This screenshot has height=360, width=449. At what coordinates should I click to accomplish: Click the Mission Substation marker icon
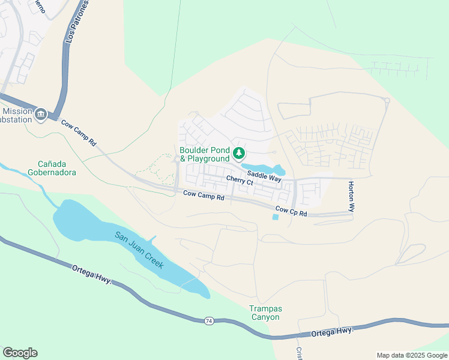point(41,114)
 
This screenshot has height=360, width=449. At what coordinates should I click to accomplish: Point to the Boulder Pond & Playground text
point(205,154)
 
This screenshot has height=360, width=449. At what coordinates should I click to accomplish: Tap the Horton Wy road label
point(351,196)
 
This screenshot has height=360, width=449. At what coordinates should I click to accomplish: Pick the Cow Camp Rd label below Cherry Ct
point(203,195)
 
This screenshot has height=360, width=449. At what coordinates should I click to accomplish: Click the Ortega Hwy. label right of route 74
point(333,331)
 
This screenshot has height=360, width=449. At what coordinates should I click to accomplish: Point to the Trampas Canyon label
point(265,313)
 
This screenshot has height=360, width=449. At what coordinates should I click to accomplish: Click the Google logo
point(20,353)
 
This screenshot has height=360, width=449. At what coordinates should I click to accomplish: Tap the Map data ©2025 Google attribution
point(412,355)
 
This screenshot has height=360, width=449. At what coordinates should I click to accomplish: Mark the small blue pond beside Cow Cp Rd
point(275,217)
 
